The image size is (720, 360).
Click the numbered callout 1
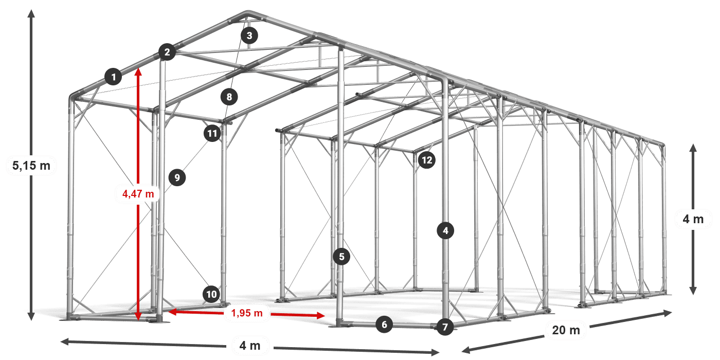[x=113, y=77]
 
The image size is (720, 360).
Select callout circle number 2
[x=167, y=52]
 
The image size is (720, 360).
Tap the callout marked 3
[x=249, y=35]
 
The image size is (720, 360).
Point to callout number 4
[x=445, y=230]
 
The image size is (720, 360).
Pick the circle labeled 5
[x=341, y=257]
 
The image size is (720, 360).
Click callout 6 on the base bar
[x=384, y=325]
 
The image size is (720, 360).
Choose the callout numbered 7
[x=445, y=327]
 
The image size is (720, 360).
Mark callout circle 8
[x=229, y=97]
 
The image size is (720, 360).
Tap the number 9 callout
[x=177, y=177]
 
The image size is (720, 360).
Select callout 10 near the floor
[x=211, y=294]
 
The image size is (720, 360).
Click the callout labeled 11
[x=212, y=133]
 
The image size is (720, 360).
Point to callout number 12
[x=427, y=160]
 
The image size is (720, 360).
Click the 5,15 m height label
[x=31, y=166]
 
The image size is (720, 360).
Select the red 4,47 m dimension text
[x=138, y=194]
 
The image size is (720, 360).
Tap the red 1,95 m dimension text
[x=247, y=313]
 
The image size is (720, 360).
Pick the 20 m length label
[x=566, y=330]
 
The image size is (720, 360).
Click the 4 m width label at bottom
[x=250, y=346]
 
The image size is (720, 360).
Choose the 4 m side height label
[x=693, y=219]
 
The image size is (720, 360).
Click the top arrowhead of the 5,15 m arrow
[x=31, y=10]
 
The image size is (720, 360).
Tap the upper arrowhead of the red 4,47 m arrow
[x=138, y=68]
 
